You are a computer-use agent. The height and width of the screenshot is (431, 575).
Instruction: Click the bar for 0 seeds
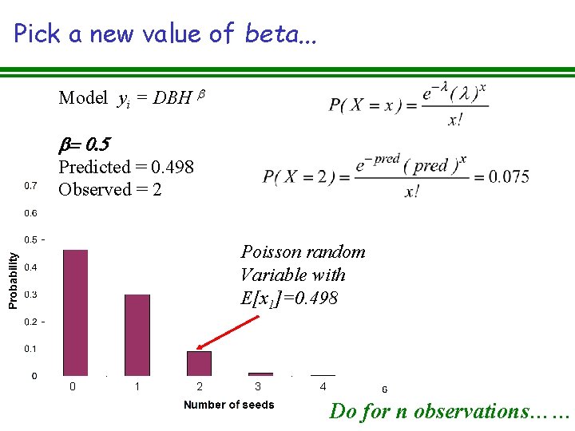(x=75, y=312)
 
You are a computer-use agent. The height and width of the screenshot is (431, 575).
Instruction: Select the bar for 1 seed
(x=137, y=334)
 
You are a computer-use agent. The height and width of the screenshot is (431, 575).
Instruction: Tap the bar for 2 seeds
(x=200, y=363)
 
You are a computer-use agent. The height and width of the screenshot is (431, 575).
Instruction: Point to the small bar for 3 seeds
(x=260, y=374)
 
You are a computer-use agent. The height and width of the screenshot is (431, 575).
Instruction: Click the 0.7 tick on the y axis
(x=31, y=186)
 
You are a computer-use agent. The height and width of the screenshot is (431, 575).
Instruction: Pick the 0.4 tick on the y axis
(x=31, y=267)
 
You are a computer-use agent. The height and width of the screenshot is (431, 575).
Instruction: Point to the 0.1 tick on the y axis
(x=31, y=349)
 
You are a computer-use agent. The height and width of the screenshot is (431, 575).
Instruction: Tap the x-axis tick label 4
(x=323, y=387)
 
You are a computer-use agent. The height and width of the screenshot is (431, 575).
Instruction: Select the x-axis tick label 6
(x=385, y=389)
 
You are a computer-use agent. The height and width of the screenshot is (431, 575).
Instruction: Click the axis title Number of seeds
(x=228, y=405)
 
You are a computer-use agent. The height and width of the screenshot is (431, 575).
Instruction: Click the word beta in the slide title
(x=269, y=34)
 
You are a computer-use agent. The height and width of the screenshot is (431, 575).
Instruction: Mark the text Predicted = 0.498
(x=126, y=167)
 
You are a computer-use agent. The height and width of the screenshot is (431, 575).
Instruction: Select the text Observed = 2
(x=110, y=189)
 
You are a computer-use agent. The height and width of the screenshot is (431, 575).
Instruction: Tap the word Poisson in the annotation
(x=270, y=252)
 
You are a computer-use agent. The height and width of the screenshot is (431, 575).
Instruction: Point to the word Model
(x=83, y=98)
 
